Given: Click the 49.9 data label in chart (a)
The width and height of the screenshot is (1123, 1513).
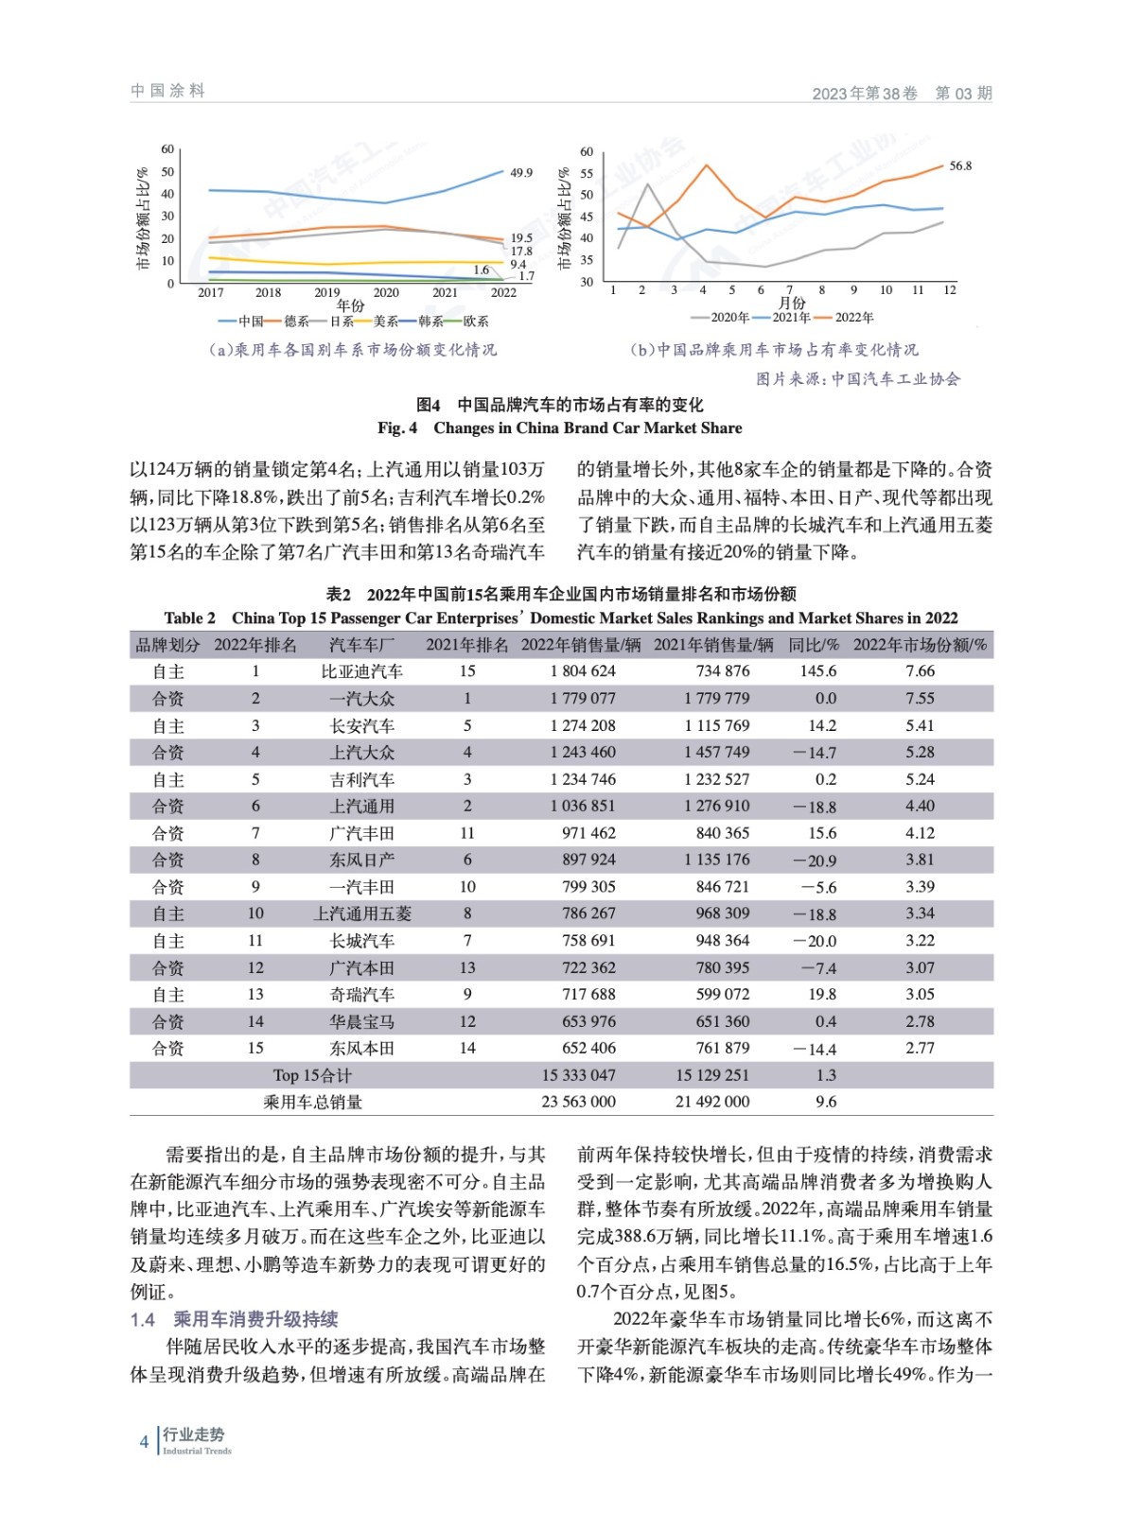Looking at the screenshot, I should pos(521,173).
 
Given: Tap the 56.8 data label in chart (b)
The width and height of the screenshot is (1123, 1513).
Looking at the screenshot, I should pos(960,165).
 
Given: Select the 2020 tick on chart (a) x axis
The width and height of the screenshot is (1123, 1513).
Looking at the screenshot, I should pos(386,292).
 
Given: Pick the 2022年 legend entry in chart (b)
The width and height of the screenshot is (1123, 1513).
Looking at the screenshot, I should pos(854,318).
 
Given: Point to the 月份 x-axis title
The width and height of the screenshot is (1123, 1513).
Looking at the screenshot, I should pos(792,303).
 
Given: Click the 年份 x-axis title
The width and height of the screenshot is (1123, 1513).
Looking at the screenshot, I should pos(350,305).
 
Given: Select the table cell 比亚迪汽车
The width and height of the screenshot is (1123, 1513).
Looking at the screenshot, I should pos(361,671).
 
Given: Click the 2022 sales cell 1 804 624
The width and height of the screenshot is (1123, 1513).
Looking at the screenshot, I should pos(583,671).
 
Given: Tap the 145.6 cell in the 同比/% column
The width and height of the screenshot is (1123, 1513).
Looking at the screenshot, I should pos(818,671).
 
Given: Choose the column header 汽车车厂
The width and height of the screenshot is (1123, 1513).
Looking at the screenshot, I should pos(361,645).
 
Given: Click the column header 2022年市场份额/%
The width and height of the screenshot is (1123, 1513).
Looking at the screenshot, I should pos(920,645).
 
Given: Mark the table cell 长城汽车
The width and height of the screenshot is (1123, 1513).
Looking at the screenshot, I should pos(361,941).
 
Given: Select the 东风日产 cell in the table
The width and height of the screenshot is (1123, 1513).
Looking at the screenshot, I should pos(361,860).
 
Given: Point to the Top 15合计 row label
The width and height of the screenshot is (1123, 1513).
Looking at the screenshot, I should pos(312,1075).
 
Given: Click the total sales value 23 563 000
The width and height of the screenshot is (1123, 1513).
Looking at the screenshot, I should pos(578,1102).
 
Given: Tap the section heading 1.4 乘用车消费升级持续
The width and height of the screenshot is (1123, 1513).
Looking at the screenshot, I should pos(234,1319).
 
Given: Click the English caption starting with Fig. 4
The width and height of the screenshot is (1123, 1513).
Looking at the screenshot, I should pos(559,428).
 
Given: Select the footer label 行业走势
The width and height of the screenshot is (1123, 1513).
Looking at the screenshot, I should pos(194,1435).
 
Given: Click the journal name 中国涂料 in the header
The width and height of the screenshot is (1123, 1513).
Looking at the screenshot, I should pos(167,91).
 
